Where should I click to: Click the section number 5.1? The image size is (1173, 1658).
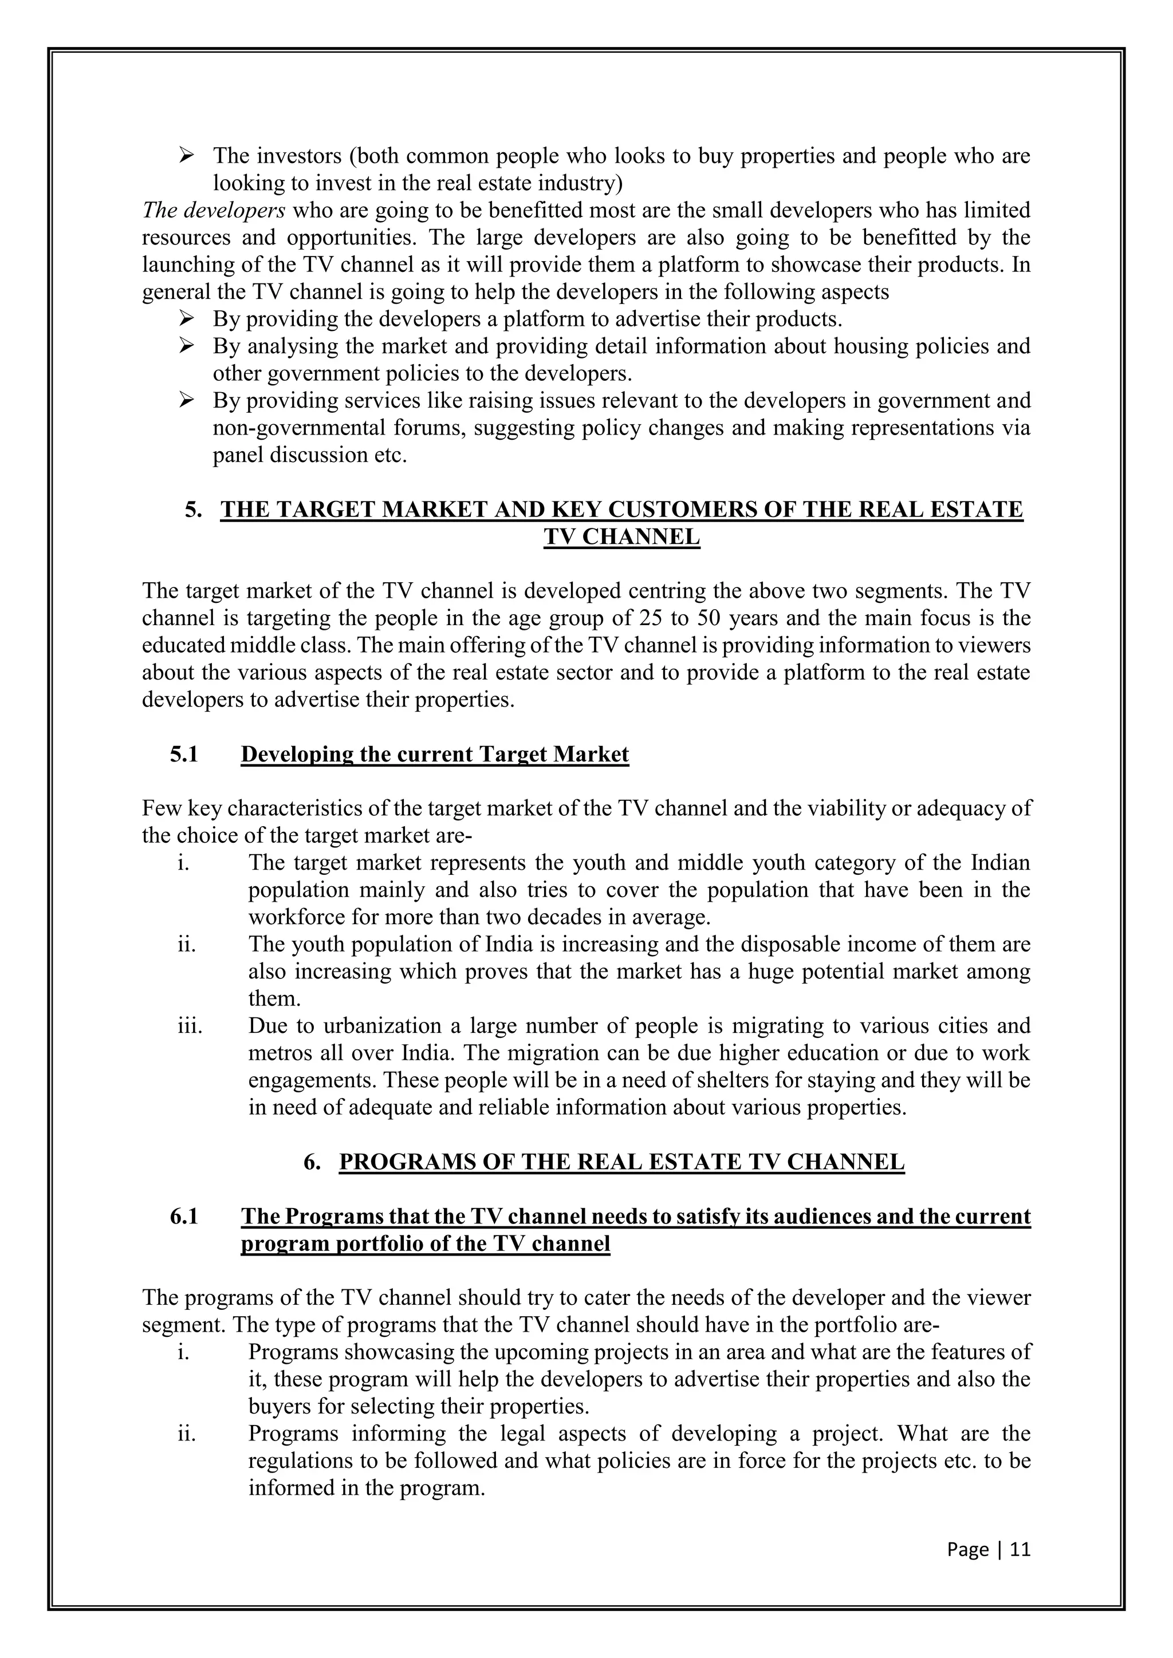point(184,755)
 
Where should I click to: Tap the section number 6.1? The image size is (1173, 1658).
point(184,1217)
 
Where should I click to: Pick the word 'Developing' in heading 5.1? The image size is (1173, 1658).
point(297,755)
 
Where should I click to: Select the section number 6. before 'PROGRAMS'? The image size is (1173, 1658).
point(312,1162)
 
